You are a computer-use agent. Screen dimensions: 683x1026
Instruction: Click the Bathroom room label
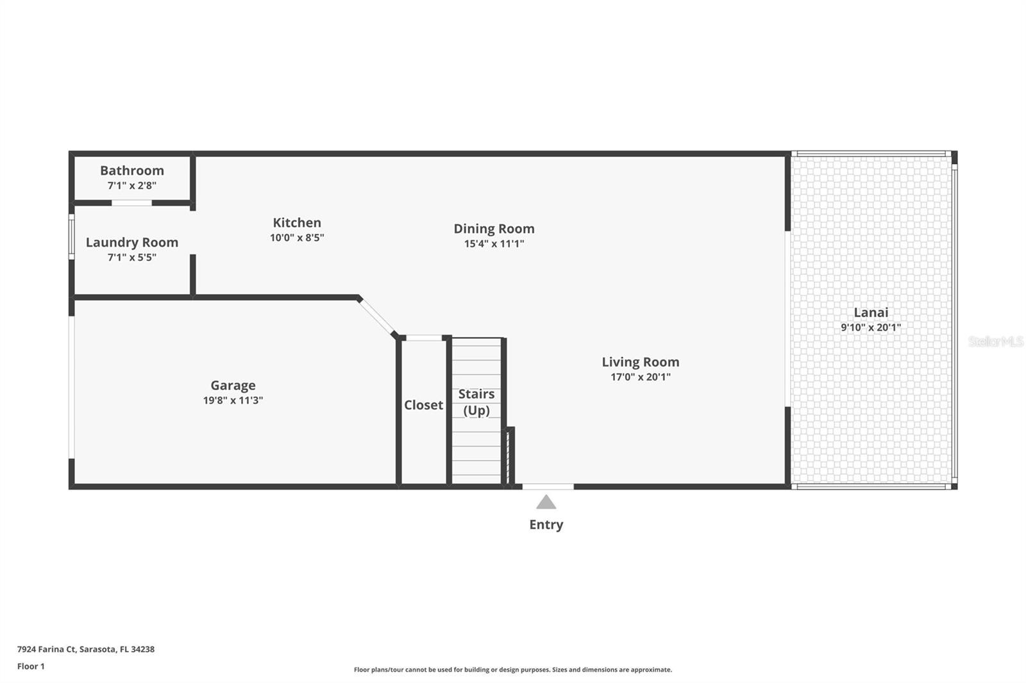point(131,170)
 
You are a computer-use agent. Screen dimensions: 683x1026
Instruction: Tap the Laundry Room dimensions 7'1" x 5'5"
point(131,258)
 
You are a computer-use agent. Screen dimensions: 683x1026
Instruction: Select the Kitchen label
point(297,222)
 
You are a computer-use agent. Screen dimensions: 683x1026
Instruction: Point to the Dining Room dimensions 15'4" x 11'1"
point(494,243)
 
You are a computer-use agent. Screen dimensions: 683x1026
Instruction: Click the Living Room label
point(640,362)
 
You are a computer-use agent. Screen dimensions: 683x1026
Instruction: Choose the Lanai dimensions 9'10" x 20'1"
point(870,327)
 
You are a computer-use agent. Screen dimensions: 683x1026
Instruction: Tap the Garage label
point(233,385)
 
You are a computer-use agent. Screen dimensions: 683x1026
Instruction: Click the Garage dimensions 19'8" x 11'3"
point(233,400)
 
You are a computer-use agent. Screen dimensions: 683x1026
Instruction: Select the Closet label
point(423,405)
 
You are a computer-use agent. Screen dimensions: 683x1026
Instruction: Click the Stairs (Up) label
point(476,402)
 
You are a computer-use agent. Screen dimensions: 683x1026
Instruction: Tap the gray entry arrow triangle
point(546,502)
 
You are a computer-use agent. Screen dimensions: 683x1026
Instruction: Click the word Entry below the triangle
point(546,525)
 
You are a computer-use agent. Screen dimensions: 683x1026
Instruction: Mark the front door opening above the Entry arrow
point(548,487)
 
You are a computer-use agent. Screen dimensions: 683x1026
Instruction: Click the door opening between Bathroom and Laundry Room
point(131,203)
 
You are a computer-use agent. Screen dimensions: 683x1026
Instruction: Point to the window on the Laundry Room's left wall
point(72,236)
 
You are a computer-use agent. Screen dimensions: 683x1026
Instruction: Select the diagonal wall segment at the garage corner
point(376,317)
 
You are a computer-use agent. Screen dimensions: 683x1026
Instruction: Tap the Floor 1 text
point(31,666)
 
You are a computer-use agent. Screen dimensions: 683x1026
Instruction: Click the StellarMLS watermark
point(995,341)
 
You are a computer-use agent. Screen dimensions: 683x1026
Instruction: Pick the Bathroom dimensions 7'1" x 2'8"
point(131,186)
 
